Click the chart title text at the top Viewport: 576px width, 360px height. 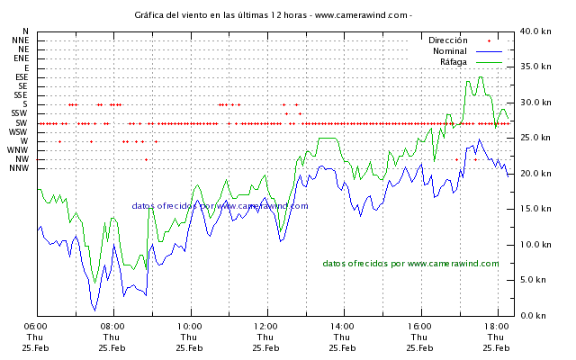point(274,15)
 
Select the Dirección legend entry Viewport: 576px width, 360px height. point(448,40)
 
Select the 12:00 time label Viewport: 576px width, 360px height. point(265,327)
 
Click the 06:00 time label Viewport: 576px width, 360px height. point(35,327)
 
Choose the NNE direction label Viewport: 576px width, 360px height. point(20,40)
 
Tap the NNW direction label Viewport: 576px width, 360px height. point(20,169)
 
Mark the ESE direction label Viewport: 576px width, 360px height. point(22,77)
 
